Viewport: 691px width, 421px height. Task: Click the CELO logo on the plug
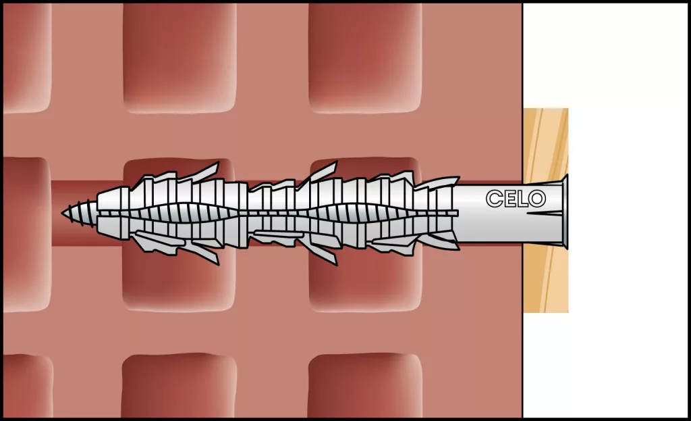pyautogui.click(x=516, y=199)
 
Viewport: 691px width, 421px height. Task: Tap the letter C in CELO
pyautogui.click(x=493, y=199)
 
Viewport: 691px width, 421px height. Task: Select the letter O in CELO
pyautogui.click(x=538, y=199)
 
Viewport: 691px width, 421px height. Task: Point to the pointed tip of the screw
pyautogui.click(x=63, y=213)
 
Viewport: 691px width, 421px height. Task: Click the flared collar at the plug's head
pyautogui.click(x=565, y=212)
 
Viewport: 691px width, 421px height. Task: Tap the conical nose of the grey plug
pyautogui.click(x=108, y=213)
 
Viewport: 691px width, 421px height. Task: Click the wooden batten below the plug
pyautogui.click(x=545, y=278)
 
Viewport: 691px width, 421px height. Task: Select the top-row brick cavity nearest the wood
pyautogui.click(x=365, y=57)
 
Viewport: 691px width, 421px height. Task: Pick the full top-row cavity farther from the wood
pyautogui.click(x=179, y=57)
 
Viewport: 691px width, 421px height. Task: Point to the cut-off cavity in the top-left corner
pyautogui.click(x=27, y=57)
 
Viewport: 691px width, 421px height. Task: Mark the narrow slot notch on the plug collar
pyautogui.click(x=545, y=214)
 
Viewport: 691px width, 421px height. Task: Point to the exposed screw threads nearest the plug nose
pyautogui.click(x=84, y=213)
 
